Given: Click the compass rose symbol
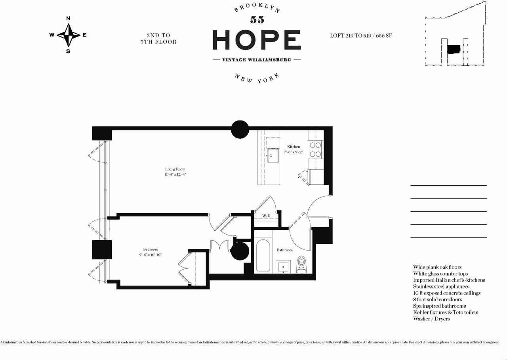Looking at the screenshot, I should (69, 35).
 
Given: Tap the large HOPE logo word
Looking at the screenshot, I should (257, 40).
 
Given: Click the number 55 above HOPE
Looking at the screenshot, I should (257, 20).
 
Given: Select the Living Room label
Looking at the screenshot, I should (175, 169).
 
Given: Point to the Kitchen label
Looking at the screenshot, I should (294, 147).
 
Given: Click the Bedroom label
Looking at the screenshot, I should (151, 249).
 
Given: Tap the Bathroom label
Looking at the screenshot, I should (284, 250).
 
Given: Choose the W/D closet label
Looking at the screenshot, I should (266, 216).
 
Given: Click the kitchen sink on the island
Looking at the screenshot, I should (273, 155).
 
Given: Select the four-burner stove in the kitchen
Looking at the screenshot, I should (315, 149).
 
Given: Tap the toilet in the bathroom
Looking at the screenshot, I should (301, 264).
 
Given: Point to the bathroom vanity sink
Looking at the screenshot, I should (283, 267).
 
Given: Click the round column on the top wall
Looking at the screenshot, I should (240, 129).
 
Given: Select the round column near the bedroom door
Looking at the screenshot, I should (240, 251).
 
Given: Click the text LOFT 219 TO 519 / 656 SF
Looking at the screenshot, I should (361, 36).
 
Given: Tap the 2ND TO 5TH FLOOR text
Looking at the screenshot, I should (158, 38).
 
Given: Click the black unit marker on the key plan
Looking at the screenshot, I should (454, 49).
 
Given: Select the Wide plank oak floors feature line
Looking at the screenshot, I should (437, 267).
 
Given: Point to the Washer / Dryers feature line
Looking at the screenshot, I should (431, 319).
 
